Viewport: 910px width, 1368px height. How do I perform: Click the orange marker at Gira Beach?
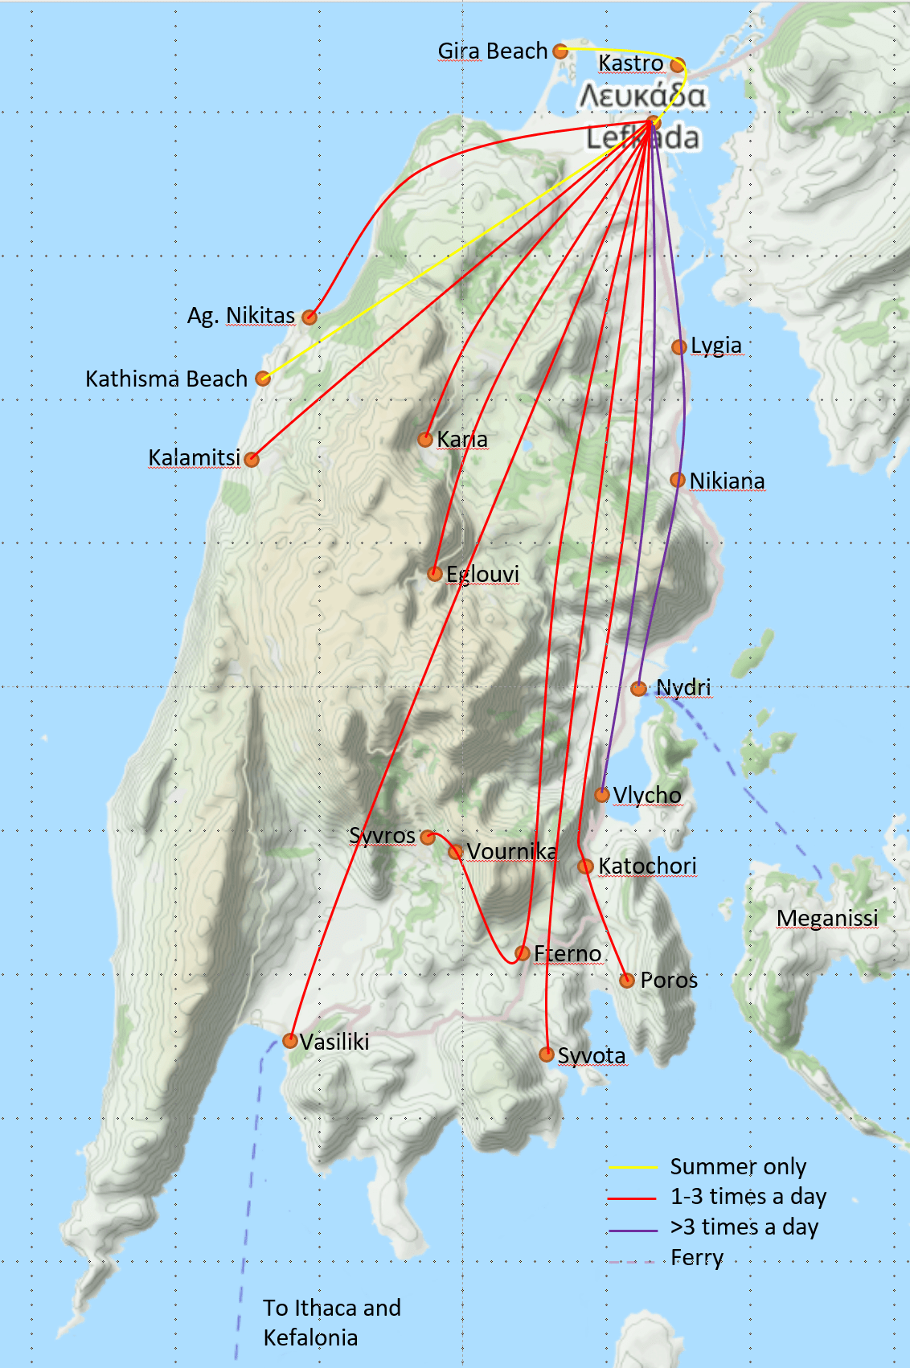pyautogui.click(x=560, y=51)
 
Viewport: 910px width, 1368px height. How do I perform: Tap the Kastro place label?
pyautogui.click(x=631, y=63)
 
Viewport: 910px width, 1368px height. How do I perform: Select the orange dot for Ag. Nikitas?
pyautogui.click(x=309, y=317)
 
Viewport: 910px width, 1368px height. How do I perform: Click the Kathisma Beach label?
pyautogui.click(x=166, y=379)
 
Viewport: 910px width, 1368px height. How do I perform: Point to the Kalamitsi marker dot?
pyautogui.click(x=252, y=459)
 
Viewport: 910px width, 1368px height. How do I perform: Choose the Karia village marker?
pyautogui.click(x=425, y=439)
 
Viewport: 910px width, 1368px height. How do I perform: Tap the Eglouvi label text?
pyautogui.click(x=482, y=574)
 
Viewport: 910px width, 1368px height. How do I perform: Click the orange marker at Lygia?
pyautogui.click(x=679, y=346)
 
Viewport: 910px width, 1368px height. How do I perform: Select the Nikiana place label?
pyautogui.click(x=727, y=481)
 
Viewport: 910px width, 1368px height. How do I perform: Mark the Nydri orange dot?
pyautogui.click(x=638, y=689)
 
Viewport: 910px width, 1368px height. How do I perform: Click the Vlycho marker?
pyautogui.click(x=602, y=795)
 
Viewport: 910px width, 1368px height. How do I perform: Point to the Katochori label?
pyautogui.click(x=647, y=866)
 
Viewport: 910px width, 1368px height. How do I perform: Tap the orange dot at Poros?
pyautogui.click(x=627, y=980)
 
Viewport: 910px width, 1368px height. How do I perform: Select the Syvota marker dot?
pyautogui.click(x=547, y=1054)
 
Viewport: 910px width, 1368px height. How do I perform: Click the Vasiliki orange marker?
pyautogui.click(x=290, y=1042)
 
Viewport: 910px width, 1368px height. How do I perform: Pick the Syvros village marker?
pyautogui.click(x=428, y=837)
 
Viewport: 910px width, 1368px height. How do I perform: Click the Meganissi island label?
pyautogui.click(x=827, y=918)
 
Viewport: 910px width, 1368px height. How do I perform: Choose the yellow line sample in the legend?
pyautogui.click(x=633, y=1167)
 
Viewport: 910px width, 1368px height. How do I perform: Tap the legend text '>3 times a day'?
pyautogui.click(x=744, y=1227)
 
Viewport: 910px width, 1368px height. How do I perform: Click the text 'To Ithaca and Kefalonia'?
pyautogui.click(x=331, y=1322)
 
